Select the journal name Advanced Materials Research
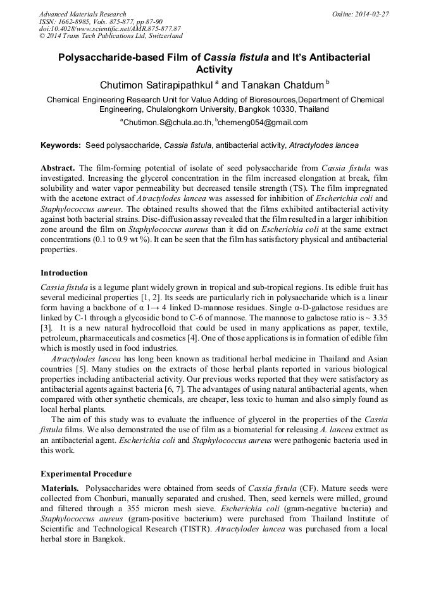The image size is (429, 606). tap(82, 14)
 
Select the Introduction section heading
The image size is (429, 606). tap(64, 273)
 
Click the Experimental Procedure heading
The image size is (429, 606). tap(86, 473)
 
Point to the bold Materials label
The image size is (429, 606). tap(60, 488)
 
